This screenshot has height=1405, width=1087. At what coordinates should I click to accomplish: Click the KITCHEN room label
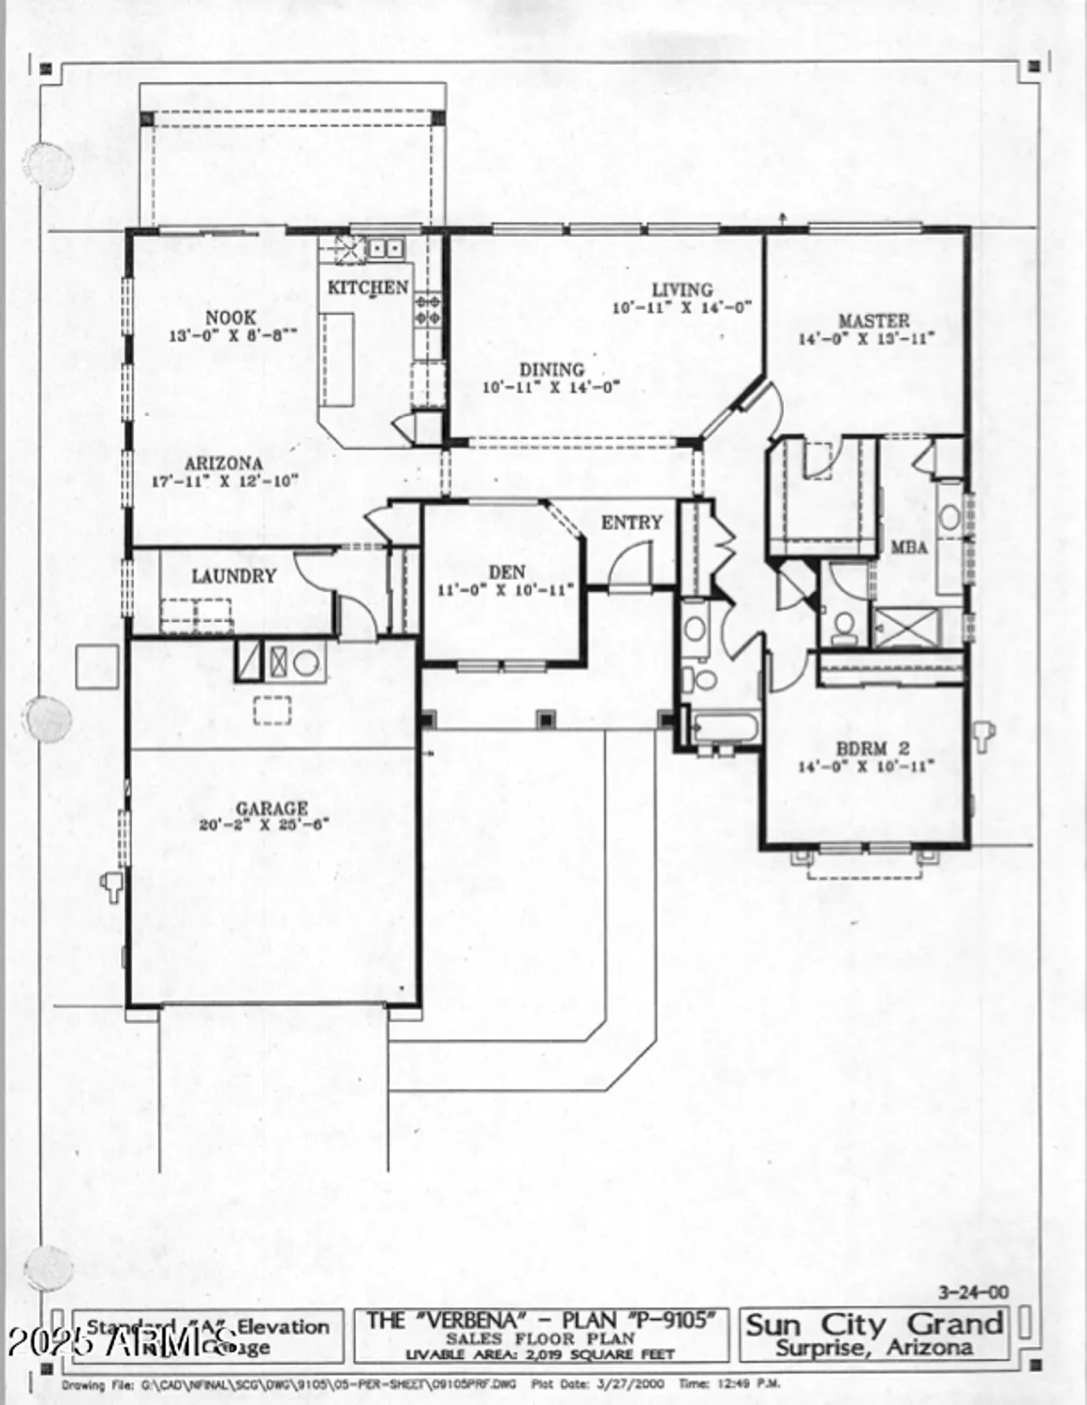(367, 288)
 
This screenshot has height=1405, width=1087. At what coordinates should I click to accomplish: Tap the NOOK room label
(230, 318)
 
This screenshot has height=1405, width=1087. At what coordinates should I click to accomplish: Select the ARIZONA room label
(223, 464)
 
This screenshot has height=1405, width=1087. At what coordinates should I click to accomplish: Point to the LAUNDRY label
(234, 576)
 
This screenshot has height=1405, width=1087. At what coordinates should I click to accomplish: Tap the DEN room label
(507, 571)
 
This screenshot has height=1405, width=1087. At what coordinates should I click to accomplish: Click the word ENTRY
(631, 523)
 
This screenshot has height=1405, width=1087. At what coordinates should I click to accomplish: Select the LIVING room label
(682, 289)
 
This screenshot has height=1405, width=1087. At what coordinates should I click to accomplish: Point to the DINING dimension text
(551, 387)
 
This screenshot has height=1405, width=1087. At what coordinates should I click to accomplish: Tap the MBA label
(909, 547)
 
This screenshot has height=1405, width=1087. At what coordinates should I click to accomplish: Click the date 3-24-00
(974, 1293)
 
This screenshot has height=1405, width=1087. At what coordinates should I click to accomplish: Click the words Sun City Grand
(874, 1324)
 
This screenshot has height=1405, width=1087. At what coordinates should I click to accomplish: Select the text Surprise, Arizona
(874, 1349)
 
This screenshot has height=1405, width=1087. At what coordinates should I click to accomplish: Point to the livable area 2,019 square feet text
(539, 1354)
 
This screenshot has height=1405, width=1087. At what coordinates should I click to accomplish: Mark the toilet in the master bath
(845, 626)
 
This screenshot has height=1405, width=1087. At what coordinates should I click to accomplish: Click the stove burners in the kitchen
(429, 310)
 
